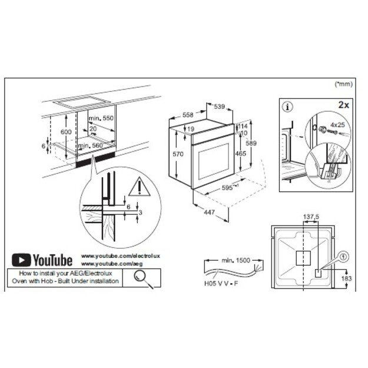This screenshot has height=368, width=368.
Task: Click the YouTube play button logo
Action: pyautogui.click(x=22, y=260)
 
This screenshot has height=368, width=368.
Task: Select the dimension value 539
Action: pyautogui.click(x=218, y=107)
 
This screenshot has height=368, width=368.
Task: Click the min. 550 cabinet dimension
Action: pyautogui.click(x=101, y=118)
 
